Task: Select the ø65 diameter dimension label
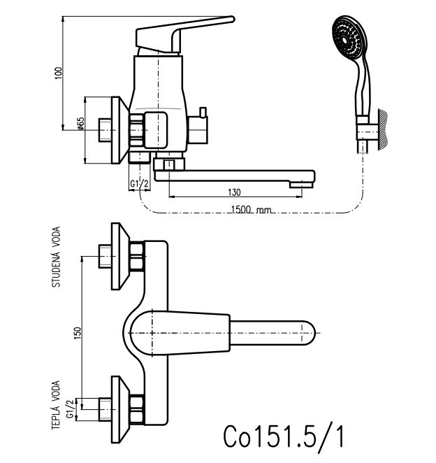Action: [x=81, y=124]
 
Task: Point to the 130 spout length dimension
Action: [x=234, y=192]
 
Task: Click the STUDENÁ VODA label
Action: [x=56, y=257]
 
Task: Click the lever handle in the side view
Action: [x=185, y=28]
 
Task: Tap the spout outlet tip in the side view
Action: [x=301, y=184]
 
